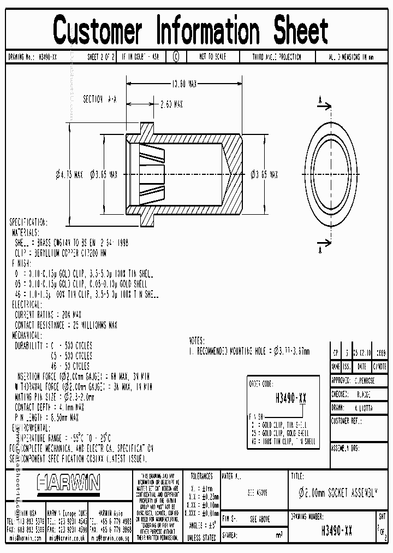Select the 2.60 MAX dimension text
[171, 104]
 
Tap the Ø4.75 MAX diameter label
[69, 175]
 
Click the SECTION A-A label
[99, 99]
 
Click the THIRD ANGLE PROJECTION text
[276, 57]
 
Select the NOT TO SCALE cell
[212, 57]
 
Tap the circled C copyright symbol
[176, 57]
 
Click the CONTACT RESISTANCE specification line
[66, 325]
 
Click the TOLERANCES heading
[201, 476]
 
